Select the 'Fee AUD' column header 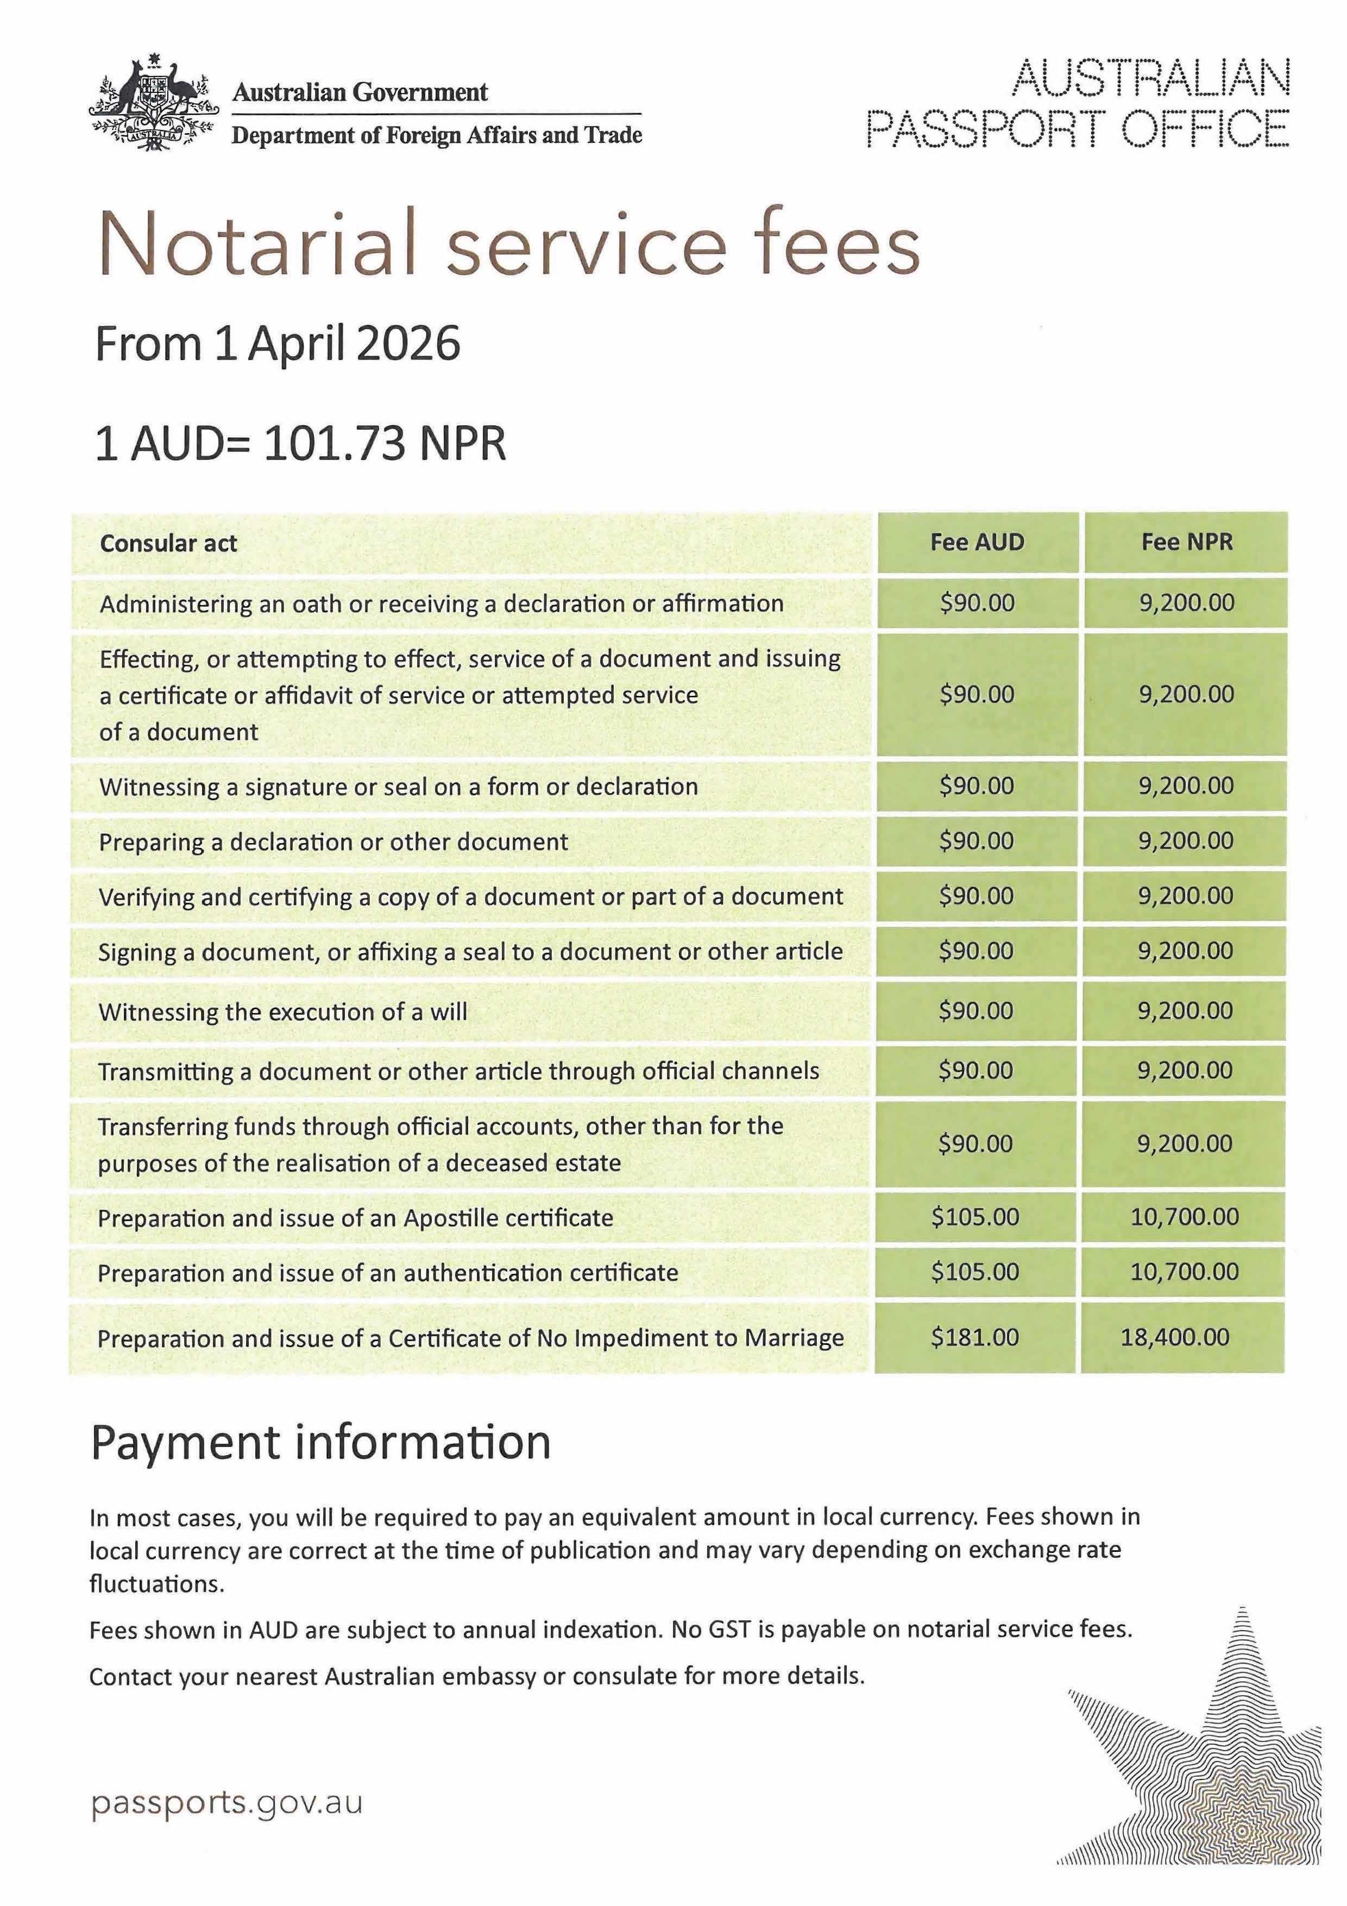[x=977, y=542]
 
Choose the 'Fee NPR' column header [x=1186, y=542]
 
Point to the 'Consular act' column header [x=168, y=543]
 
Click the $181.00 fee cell [x=974, y=1337]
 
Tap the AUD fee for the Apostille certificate [x=974, y=1217]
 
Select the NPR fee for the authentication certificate [x=1184, y=1272]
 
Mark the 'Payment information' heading [x=320, y=1442]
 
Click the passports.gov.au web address [x=226, y=1803]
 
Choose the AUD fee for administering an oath [x=977, y=603]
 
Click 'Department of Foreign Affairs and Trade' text [x=437, y=135]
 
